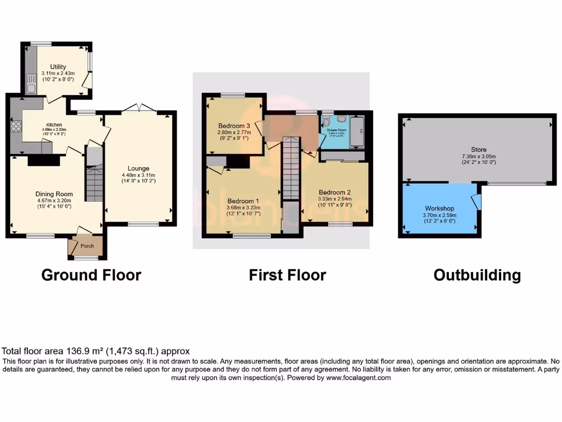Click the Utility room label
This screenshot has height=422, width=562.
click(58, 67)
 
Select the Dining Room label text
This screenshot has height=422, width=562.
click(54, 194)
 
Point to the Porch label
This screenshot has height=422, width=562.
click(87, 246)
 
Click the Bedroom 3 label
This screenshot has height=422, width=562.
click(234, 125)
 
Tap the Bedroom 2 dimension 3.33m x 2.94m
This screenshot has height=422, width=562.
click(334, 199)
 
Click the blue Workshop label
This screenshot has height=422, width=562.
click(439, 208)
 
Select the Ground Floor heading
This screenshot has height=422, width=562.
click(91, 275)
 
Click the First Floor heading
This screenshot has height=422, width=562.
click(287, 275)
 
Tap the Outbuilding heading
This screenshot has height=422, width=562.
click(477, 275)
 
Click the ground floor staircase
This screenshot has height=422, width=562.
click(94, 184)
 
